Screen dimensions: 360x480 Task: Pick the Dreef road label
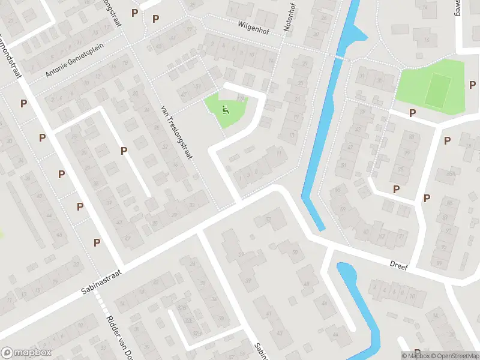398,265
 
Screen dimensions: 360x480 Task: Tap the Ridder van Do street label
117,337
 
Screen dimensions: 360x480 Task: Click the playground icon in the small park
226,109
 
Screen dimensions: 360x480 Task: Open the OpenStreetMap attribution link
457,356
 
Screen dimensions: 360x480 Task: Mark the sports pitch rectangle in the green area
438,88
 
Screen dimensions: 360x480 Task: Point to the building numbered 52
268,218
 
